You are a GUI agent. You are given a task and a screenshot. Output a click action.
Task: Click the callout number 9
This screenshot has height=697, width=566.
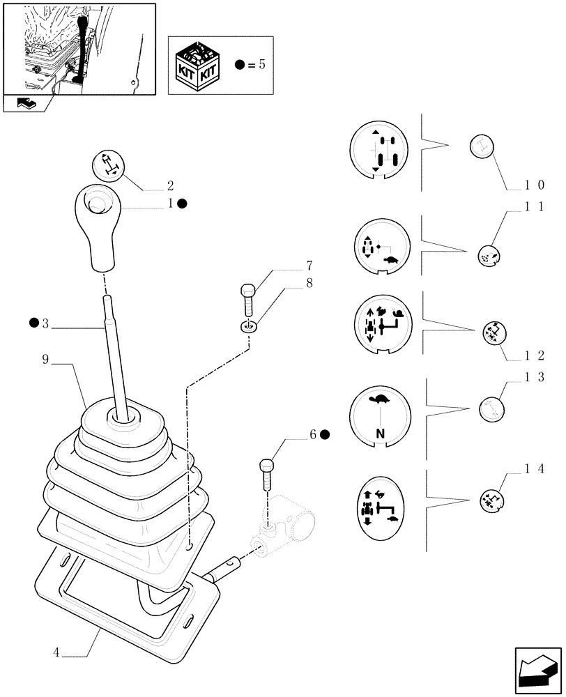(45, 360)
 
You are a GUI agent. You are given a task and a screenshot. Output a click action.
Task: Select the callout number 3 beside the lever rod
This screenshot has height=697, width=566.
(45, 323)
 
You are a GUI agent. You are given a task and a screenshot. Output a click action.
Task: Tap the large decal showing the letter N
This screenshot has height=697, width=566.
(380, 416)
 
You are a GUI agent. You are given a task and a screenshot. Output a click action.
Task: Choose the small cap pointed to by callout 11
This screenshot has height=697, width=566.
(489, 255)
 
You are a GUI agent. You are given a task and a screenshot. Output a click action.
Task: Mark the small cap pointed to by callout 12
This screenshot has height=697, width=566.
(494, 334)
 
